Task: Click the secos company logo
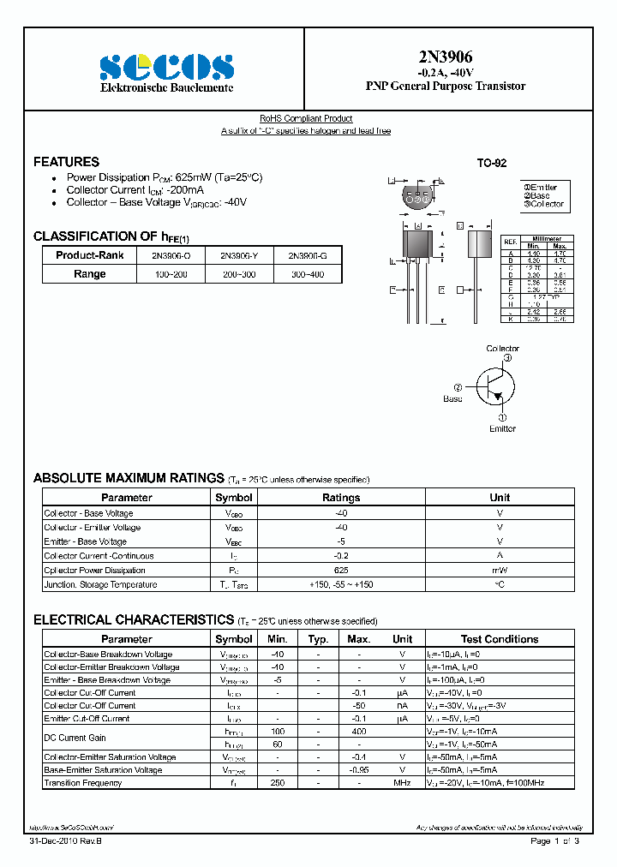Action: click(x=166, y=66)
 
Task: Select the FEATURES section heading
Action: click(x=66, y=162)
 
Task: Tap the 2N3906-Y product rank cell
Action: click(x=238, y=255)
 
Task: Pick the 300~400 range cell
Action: click(x=306, y=274)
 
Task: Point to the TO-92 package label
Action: click(x=492, y=163)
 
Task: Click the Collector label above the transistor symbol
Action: click(x=502, y=349)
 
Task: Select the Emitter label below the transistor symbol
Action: click(x=502, y=428)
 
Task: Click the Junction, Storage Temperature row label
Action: click(x=100, y=585)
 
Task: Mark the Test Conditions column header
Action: click(x=499, y=639)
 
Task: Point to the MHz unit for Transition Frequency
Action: click(x=402, y=783)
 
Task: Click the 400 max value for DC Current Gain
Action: click(x=358, y=732)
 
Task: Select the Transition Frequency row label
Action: click(x=83, y=783)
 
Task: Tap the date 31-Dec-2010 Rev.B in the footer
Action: click(x=64, y=842)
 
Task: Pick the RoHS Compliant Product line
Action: click(x=306, y=118)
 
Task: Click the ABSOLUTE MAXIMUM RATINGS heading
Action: click(x=129, y=478)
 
